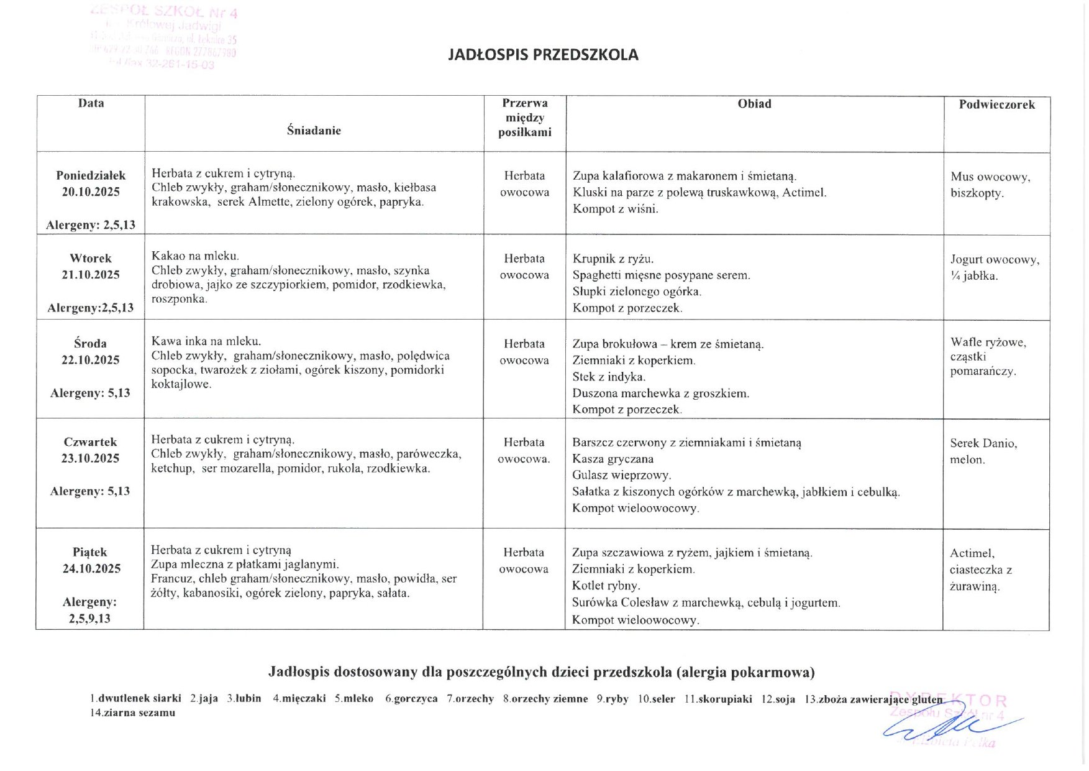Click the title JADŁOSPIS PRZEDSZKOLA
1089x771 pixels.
tap(543, 55)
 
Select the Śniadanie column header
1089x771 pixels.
tap(314, 131)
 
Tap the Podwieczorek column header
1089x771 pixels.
tap(996, 104)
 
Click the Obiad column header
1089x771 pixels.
tap(754, 104)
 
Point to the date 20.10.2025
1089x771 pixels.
tap(91, 192)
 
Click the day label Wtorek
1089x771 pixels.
tap(91, 258)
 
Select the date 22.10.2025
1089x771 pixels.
tap(91, 360)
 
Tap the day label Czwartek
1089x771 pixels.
tap(91, 442)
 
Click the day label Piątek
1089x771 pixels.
tap(90, 552)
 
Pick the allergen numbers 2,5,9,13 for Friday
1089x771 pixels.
tap(89, 618)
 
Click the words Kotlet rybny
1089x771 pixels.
tap(606, 586)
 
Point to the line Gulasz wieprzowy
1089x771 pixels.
tap(622, 476)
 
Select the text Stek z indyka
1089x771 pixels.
tap(609, 377)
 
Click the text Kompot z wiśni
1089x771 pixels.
tap(615, 209)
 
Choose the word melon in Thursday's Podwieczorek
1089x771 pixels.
tap(967, 460)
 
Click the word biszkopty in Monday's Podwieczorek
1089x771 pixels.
tap(977, 193)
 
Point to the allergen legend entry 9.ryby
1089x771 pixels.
tap(612, 699)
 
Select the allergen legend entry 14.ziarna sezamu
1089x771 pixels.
tap(132, 713)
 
